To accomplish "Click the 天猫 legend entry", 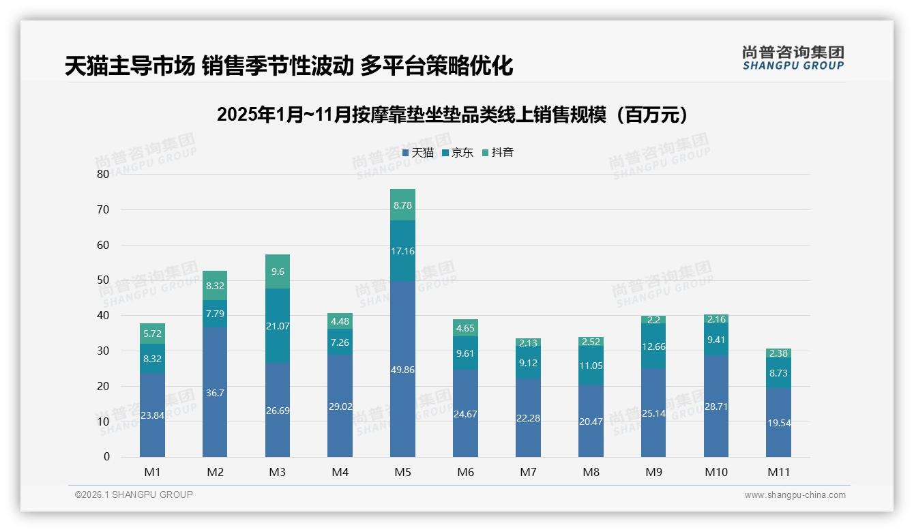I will tap(418, 153).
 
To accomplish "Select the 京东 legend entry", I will tap(458, 153).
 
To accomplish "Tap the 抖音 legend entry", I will tap(498, 153).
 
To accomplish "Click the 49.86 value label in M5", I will tap(402, 370).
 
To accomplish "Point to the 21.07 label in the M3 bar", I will tap(277, 326).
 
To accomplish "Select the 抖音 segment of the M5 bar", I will tap(402, 205).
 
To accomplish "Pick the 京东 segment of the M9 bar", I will tap(653, 346).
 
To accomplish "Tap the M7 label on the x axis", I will tap(528, 472).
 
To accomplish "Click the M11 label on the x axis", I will tap(778, 472).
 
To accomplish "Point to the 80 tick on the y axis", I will tap(103, 174).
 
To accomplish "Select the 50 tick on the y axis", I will tap(103, 280).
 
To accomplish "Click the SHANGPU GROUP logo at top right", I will tap(793, 58).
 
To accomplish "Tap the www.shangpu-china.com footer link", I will tap(795, 495).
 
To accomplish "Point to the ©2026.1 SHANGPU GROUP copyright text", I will tap(134, 494).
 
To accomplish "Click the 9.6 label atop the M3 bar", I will tap(277, 271).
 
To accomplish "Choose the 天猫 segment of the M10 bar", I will tap(716, 406).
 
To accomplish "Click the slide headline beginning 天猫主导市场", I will tap(289, 66).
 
